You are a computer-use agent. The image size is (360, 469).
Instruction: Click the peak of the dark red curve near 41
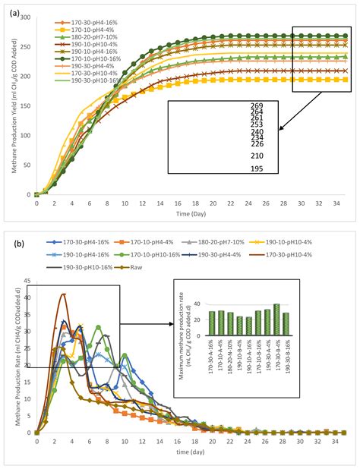(x=64, y=294)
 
